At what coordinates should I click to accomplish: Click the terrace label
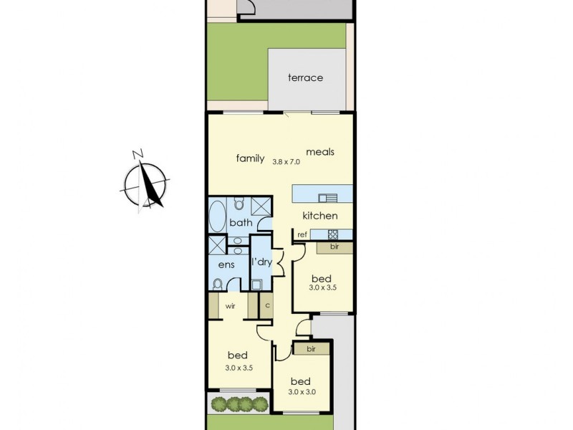[305, 77]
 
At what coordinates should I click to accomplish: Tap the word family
[251, 158]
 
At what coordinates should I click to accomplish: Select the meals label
[320, 152]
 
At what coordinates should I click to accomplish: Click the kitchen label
[319, 216]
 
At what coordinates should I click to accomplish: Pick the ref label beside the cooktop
[302, 234]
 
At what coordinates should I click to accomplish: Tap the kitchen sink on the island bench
[329, 199]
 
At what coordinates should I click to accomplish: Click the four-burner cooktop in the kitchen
[333, 234]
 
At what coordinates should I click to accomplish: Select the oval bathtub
[218, 214]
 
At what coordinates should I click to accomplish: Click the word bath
[241, 223]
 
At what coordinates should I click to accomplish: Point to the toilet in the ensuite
[218, 284]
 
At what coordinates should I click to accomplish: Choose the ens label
[227, 264]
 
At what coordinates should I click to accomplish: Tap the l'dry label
[261, 262]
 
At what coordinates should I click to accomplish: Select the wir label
[231, 306]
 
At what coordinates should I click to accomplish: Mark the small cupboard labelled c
[267, 306]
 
